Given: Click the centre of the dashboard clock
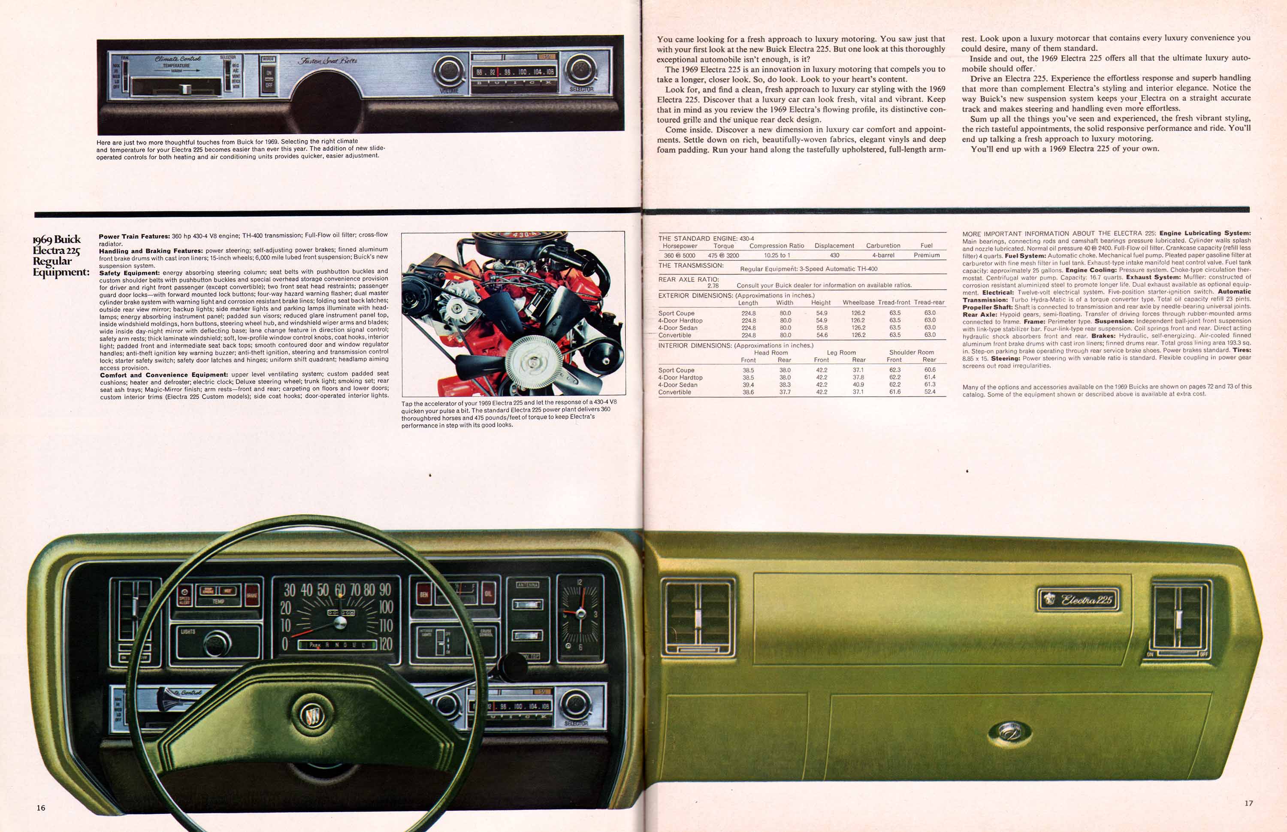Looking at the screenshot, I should coord(580,613).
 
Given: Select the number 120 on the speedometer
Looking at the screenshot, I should coord(385,644).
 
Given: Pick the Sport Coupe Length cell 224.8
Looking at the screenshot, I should coord(749,313).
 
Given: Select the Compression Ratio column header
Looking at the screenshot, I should coord(776,246).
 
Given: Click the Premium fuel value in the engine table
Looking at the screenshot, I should coord(926,255).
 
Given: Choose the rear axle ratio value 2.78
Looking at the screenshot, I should coord(713,285).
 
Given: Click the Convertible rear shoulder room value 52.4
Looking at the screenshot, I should coord(930,392).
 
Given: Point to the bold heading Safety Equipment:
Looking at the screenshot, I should coord(129,273).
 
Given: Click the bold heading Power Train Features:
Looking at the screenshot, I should coord(134,236).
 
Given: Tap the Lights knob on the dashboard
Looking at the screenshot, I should coord(217,642).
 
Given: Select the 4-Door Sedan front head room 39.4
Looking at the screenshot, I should coord(748,384).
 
